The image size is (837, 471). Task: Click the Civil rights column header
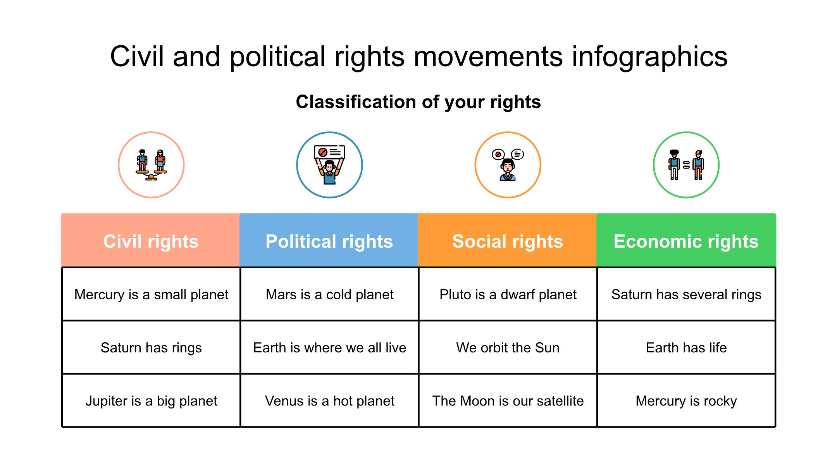(x=151, y=240)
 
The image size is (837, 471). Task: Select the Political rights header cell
(x=329, y=240)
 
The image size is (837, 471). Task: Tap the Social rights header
(x=507, y=240)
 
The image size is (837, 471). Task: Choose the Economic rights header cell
(x=686, y=240)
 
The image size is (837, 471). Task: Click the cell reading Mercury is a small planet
(x=151, y=294)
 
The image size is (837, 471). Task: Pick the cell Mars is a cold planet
(x=329, y=294)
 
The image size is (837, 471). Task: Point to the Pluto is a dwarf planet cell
(x=508, y=294)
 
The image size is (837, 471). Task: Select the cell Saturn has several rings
(x=686, y=294)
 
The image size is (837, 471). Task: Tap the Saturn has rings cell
(x=151, y=347)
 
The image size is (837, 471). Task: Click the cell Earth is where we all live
(x=329, y=347)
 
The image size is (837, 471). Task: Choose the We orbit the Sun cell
(x=508, y=347)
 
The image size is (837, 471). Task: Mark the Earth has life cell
(x=686, y=347)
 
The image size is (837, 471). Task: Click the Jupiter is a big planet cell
(x=151, y=400)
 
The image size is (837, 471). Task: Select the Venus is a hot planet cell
(x=329, y=400)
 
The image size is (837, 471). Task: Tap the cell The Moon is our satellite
(x=508, y=400)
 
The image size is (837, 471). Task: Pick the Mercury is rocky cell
(x=686, y=400)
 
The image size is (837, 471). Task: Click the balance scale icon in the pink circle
(x=151, y=165)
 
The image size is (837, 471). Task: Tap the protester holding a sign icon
(x=329, y=165)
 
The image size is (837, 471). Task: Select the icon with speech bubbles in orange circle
(x=508, y=165)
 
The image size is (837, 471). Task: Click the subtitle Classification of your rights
(x=418, y=102)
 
